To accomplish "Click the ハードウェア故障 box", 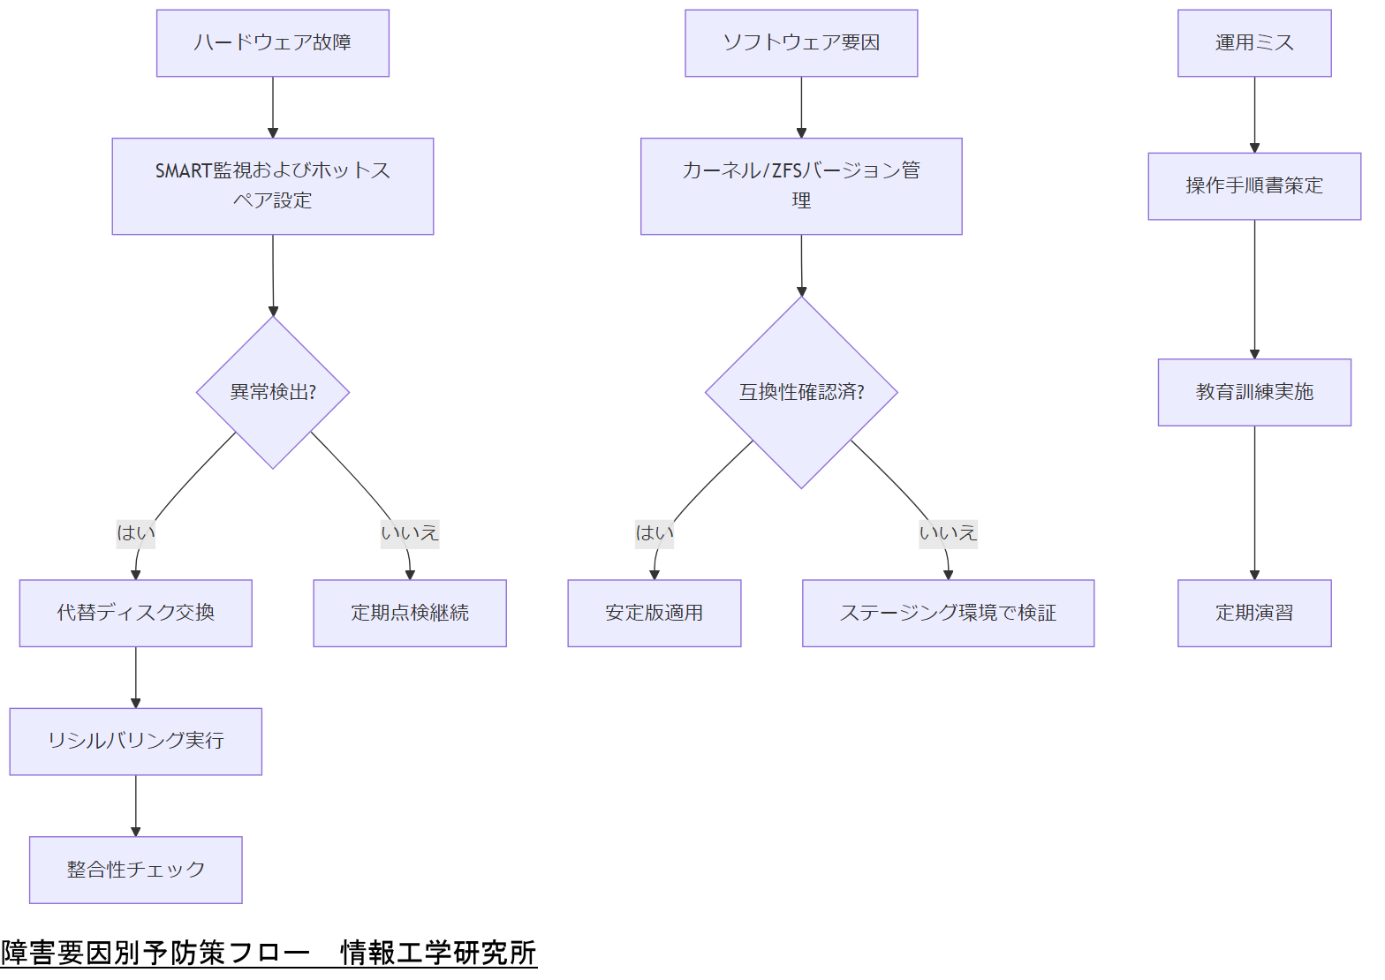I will tap(272, 43).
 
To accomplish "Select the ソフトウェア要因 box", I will tap(801, 43).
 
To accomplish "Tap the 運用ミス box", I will tap(1253, 43).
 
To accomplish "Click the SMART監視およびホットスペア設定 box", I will tap(272, 186).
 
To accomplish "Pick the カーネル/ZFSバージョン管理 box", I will tap(801, 186).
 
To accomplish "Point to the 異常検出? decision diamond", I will tap(272, 392).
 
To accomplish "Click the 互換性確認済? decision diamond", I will tap(801, 392).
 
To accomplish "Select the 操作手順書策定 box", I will tap(1253, 186).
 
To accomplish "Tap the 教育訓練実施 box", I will tap(1253, 392).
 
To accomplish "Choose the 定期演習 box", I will tap(1253, 613).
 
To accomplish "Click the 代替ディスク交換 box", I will tap(135, 613).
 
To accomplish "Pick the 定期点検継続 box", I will tap(409, 613).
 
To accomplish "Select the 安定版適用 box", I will tap(654, 613).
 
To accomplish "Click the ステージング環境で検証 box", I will tap(948, 613).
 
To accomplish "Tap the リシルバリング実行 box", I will tap(135, 741).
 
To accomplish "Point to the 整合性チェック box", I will tap(135, 870).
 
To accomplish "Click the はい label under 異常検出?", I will tap(135, 533).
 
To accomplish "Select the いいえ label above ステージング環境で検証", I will tap(948, 533).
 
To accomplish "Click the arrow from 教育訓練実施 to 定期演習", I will tap(1254, 503).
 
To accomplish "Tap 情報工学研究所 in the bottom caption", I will tap(438, 954).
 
